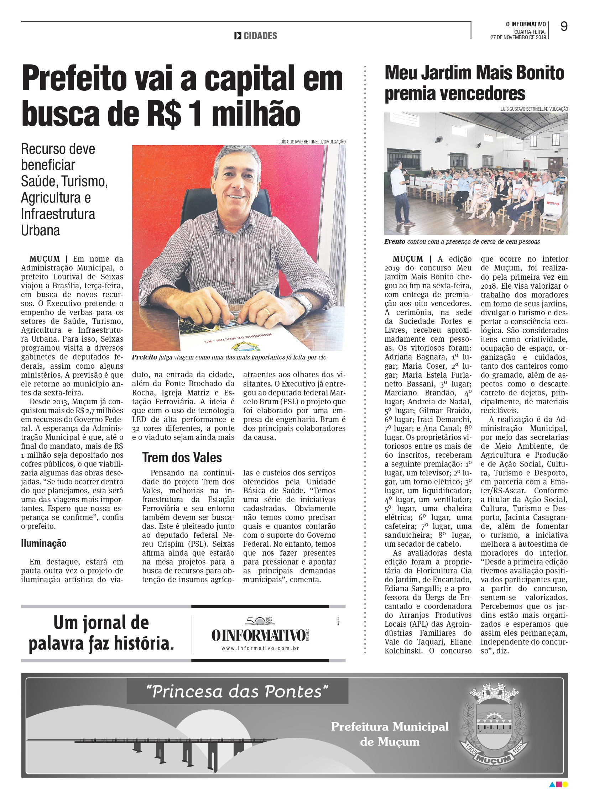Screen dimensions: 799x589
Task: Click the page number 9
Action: (x=564, y=26)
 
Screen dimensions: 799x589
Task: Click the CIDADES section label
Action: (x=260, y=36)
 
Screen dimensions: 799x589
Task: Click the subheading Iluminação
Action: (x=43, y=543)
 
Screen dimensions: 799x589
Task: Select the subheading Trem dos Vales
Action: (x=182, y=458)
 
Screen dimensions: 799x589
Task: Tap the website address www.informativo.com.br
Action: (x=260, y=648)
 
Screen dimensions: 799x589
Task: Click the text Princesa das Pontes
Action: (x=237, y=692)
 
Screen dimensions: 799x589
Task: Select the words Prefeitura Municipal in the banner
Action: (x=390, y=726)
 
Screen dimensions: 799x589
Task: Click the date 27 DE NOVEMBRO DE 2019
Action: (x=518, y=37)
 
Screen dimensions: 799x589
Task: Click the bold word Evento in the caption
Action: (x=394, y=242)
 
